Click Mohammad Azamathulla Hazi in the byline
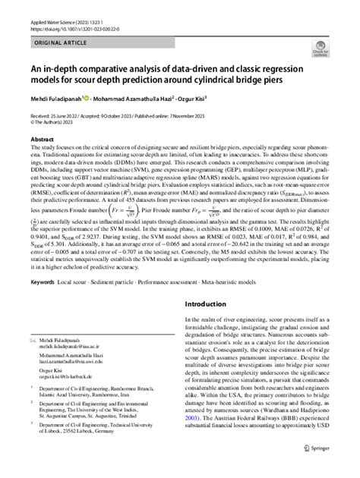coord(148,98)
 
